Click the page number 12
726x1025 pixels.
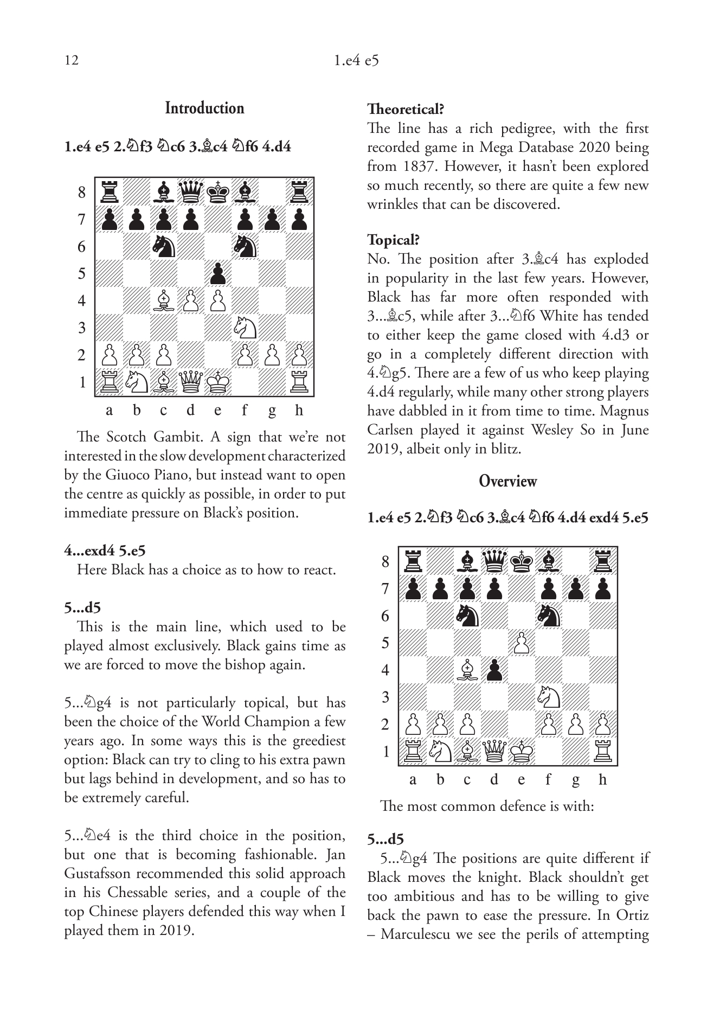pos(71,60)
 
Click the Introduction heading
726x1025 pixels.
pos(204,108)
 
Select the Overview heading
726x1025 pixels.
pos(507,481)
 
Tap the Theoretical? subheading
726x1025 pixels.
pos(406,109)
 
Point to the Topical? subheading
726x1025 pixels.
pos(394,240)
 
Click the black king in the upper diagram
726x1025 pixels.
pos(217,193)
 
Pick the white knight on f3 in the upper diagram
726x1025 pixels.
pos(245,328)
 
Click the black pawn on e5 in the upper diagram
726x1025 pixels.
pos(217,273)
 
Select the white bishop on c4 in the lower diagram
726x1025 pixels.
pos(467,670)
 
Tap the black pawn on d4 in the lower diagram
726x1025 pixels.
pos(494,670)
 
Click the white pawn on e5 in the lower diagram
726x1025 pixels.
pos(521,643)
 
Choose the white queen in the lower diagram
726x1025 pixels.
pos(494,751)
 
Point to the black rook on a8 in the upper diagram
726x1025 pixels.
pos(109,193)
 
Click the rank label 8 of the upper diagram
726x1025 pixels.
pos(82,193)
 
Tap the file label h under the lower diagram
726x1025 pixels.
pos(602,780)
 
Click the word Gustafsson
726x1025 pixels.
pos(98,873)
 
